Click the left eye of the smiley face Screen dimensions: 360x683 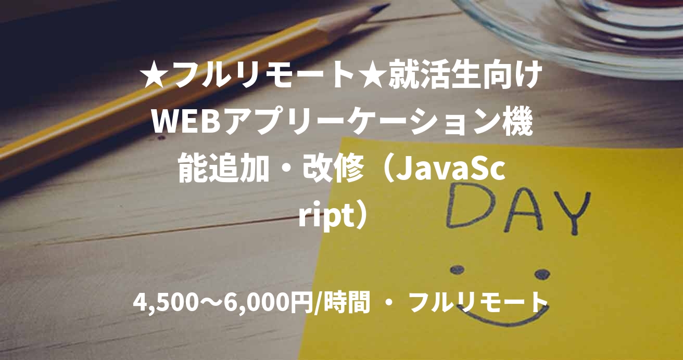point(457,269)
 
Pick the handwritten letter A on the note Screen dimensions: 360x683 point(521,208)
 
